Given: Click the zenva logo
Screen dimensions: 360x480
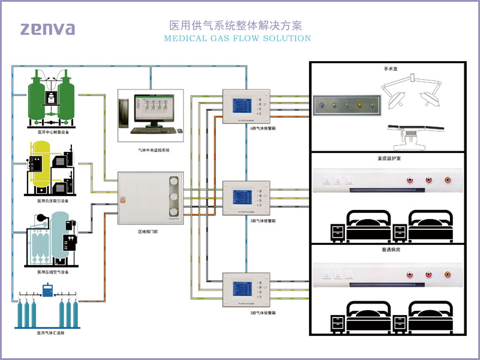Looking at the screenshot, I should point(47,28).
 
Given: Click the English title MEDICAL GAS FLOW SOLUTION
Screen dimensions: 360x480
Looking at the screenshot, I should point(237,38).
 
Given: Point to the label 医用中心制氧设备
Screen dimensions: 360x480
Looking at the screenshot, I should point(53,132).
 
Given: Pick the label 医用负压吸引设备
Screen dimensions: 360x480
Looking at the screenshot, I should point(53,201).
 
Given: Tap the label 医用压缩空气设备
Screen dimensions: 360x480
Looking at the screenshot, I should point(53,272).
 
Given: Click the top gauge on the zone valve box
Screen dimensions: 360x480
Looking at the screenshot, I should point(174,182).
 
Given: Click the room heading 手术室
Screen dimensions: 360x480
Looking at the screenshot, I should point(391,70).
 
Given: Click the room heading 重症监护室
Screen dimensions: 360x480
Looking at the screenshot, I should point(391,160).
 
